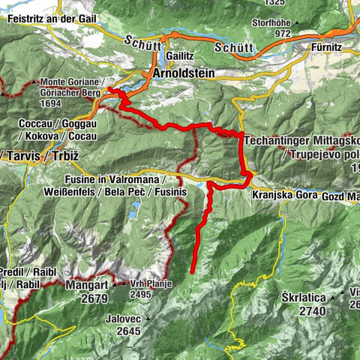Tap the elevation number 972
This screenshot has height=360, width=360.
coord(282,34)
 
